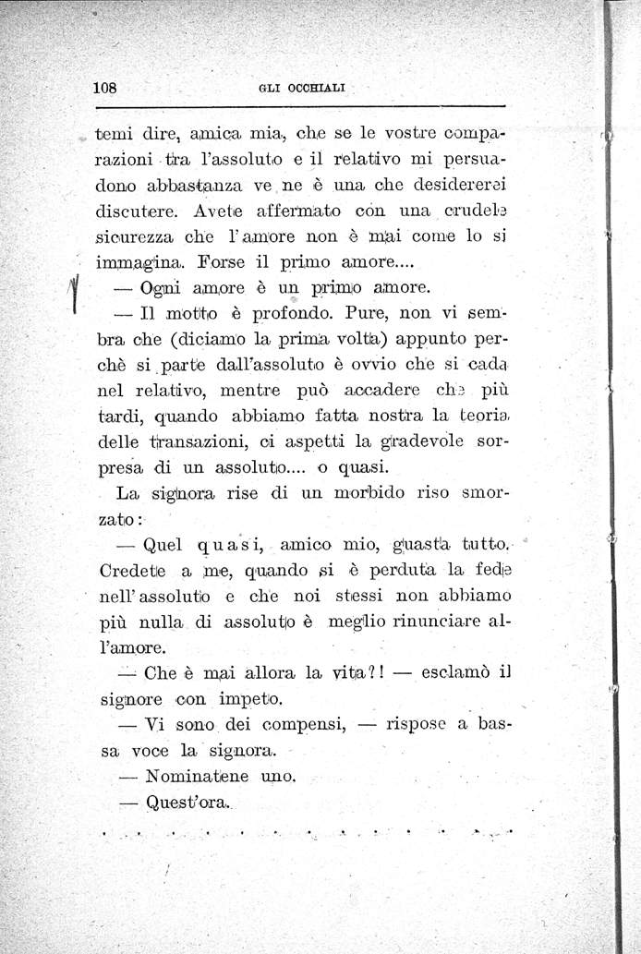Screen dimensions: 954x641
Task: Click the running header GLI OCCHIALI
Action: click(x=300, y=89)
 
